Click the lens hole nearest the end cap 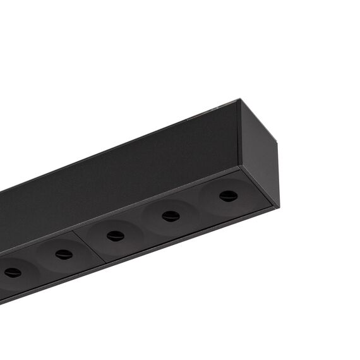coord(228,196)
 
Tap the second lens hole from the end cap coord(171,216)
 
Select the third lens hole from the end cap coord(116,236)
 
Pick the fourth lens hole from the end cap coord(64,254)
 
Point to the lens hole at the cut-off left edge coord(13,273)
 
